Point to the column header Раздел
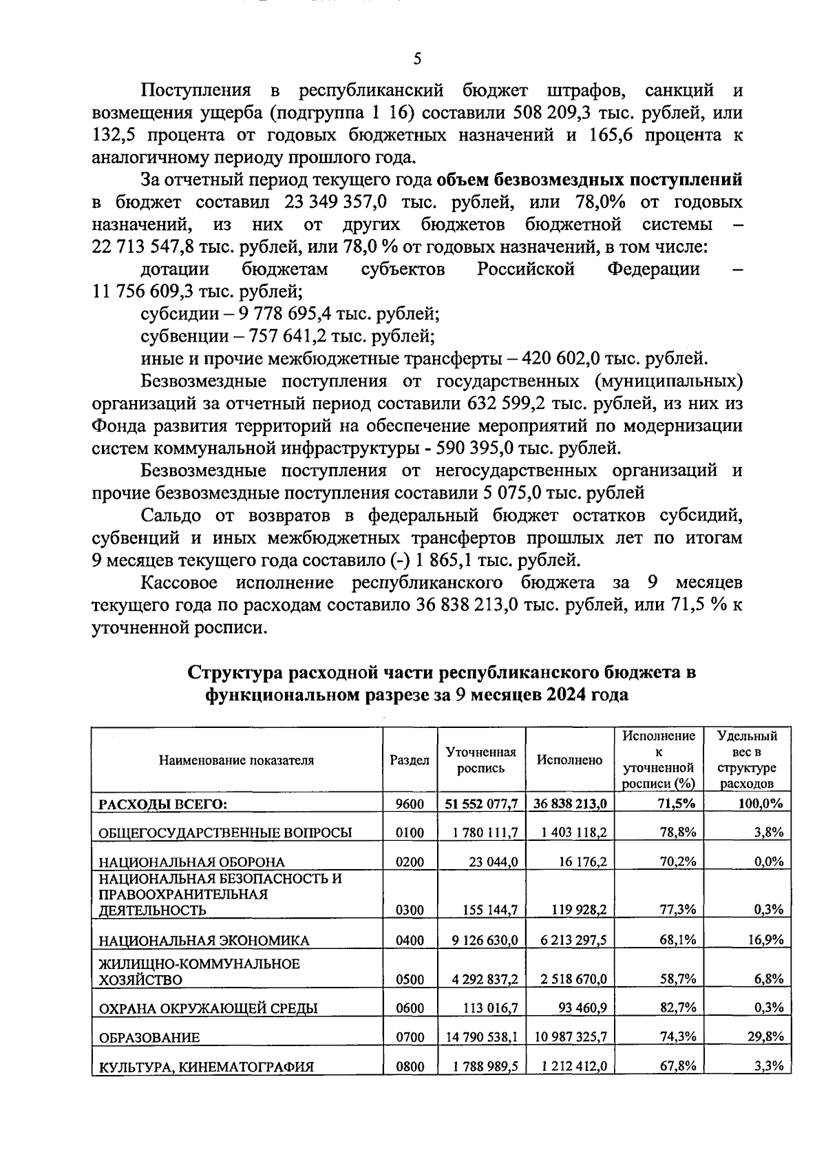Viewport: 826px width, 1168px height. coord(410,760)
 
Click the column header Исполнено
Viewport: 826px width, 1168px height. coord(569,760)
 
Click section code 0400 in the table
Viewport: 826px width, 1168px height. coord(410,940)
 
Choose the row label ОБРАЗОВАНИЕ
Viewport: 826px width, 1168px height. coord(149,1038)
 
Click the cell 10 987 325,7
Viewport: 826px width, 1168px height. coord(569,1036)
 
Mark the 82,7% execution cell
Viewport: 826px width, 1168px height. coord(678,1008)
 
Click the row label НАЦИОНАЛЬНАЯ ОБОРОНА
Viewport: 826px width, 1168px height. coord(192,862)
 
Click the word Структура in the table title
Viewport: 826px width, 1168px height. coord(235,672)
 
